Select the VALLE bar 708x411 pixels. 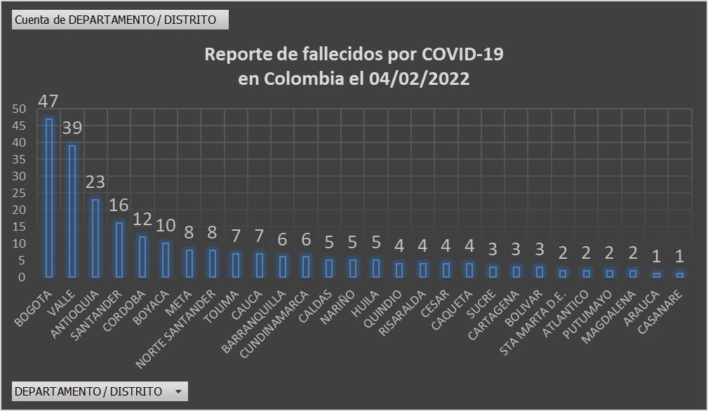72,211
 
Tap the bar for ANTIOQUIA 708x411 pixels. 96,238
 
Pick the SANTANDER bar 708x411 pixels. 119,250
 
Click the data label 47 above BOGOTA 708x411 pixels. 48,101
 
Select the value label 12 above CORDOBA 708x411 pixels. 142,219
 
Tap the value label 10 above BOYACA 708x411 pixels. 166,226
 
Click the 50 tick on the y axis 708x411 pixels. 19,109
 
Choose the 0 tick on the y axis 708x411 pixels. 22,277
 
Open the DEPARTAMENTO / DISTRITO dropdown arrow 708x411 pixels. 178,391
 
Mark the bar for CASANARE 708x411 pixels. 679,275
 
